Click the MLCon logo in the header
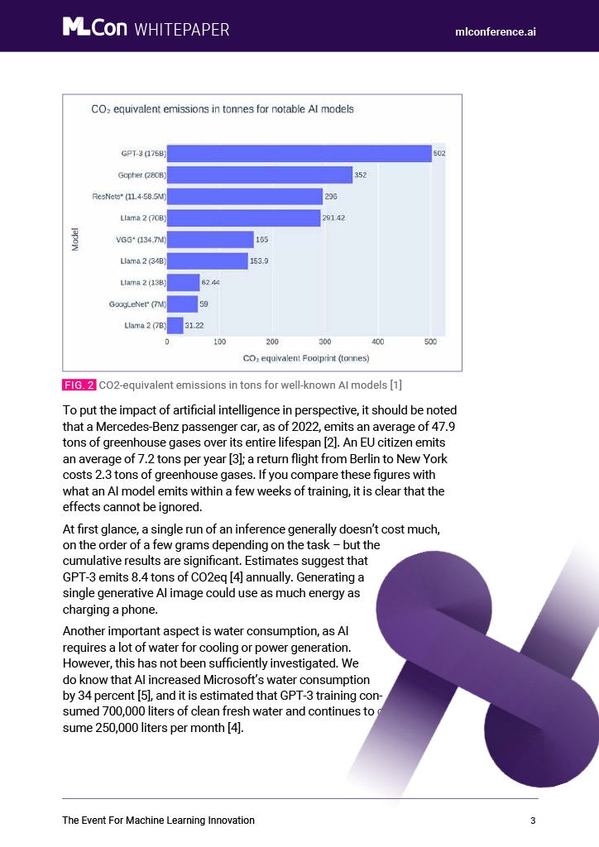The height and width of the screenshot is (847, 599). coord(95,27)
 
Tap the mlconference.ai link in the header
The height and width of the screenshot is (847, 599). coord(496,32)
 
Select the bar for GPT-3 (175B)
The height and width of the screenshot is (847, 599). coord(299,153)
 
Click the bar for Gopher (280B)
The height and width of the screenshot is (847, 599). coord(260,175)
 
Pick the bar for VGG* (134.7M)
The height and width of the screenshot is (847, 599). coord(210,239)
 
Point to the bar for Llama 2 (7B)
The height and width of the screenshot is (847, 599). coord(175,325)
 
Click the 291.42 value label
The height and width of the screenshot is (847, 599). coord(333,218)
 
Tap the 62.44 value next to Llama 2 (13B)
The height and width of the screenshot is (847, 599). coord(211,283)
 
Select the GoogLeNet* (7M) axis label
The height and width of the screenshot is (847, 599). coord(137,304)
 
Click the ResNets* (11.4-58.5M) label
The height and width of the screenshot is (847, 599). coord(129,197)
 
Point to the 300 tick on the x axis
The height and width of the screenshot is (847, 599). coord(324,342)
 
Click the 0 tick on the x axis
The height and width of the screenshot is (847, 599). coord(167,342)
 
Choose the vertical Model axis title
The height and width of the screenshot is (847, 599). coord(75,239)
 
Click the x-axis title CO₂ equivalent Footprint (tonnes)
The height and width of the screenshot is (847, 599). coord(306,358)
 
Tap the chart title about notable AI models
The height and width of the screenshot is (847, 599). coord(223,109)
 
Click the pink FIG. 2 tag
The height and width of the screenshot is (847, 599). coord(79,385)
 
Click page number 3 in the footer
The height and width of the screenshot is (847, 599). coord(533,821)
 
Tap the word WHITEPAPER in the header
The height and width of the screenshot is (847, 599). coord(182,29)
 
